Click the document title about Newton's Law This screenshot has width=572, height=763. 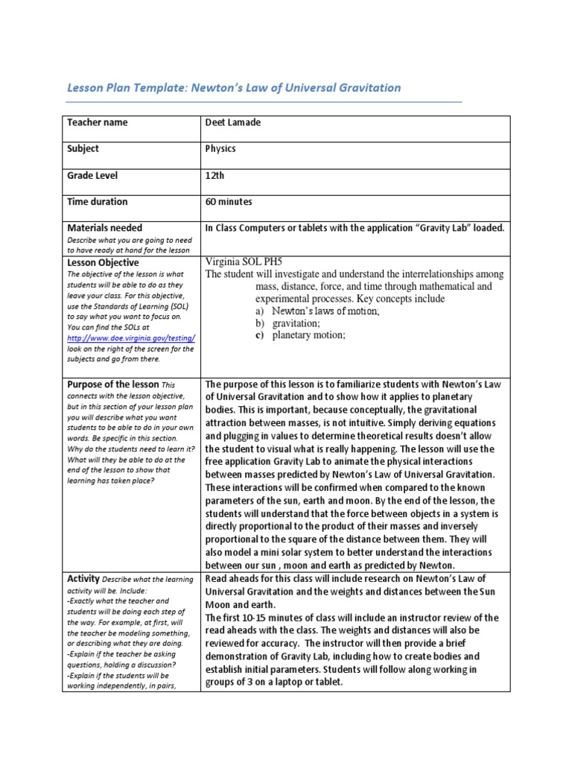point(234,88)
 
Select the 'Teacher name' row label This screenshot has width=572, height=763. point(97,122)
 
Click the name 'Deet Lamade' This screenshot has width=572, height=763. point(233,122)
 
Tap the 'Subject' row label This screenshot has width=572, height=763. point(83,148)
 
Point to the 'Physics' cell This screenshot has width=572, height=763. point(220,148)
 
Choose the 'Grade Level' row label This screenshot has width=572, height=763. point(92,175)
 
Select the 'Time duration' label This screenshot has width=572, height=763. point(97,201)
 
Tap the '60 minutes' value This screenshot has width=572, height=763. point(229,201)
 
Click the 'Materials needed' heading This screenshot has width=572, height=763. point(104,227)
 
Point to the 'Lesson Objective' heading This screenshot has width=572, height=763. point(103,263)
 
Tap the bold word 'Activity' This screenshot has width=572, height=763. point(83,579)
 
